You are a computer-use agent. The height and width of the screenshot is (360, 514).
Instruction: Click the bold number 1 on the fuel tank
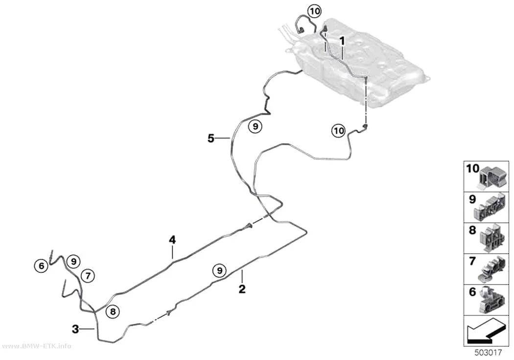tap(342, 41)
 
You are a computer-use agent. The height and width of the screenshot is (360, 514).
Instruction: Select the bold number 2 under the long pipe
tap(242, 289)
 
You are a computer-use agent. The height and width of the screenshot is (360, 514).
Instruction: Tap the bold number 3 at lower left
tap(75, 329)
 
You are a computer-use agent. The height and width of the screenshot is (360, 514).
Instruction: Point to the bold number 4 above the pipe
tap(172, 240)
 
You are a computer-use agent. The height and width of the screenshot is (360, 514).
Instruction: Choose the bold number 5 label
tap(211, 138)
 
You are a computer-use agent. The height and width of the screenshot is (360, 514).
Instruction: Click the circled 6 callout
tap(41, 265)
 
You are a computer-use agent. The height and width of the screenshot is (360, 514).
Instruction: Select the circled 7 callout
tap(88, 276)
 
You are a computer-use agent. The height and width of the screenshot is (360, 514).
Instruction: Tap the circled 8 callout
tap(113, 312)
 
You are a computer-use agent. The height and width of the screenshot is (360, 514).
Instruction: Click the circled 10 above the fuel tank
tap(314, 11)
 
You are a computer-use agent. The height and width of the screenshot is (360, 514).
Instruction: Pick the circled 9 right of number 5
tap(256, 126)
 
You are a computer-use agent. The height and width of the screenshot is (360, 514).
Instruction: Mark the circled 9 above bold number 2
tap(219, 270)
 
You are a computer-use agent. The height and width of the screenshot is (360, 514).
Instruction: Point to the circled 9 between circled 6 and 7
tap(73, 262)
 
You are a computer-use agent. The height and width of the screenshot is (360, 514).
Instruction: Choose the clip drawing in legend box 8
tap(492, 238)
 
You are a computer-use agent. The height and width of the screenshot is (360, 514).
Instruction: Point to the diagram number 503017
tap(488, 353)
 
